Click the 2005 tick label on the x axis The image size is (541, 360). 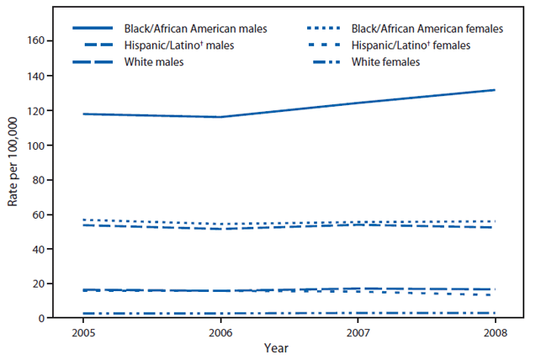tap(83, 331)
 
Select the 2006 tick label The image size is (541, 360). tap(220, 331)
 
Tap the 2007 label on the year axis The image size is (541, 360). tap(358, 331)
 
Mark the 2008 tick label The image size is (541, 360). tap(495, 331)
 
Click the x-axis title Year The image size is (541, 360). tap(289, 347)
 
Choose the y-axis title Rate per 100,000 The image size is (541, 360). tap(14, 179)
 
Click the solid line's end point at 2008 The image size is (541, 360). tap(495, 90)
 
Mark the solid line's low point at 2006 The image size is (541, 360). tap(220, 117)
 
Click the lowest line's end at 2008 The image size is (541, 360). tap(495, 313)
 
